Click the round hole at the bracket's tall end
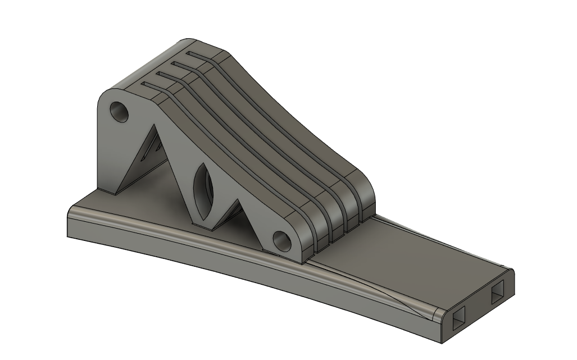pos(120,112)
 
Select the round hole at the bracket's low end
pos(283,240)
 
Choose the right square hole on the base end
pos(498,293)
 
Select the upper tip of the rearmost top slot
pos(190,53)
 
